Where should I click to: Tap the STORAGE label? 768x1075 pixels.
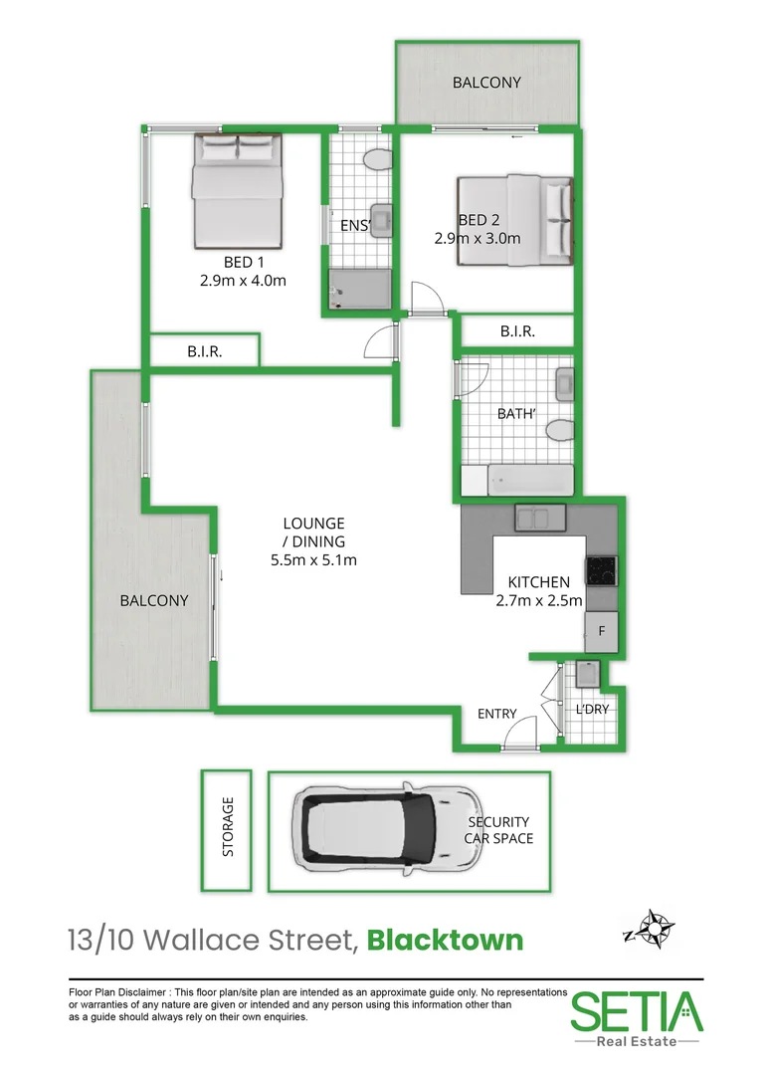228,826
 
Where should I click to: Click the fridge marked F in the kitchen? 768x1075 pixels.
601,631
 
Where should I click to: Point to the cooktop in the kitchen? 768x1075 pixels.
601,570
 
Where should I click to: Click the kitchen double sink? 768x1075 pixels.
540,518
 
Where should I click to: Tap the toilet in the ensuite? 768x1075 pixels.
375,160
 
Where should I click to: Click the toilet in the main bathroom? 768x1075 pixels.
559,430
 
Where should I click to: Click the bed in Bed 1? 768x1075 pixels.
237,191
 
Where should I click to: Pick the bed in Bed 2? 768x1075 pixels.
515,221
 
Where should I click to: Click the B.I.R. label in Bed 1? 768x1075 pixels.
204,351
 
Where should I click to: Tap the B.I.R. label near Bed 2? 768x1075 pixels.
517,331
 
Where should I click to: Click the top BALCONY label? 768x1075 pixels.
486,83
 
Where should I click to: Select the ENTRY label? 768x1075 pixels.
496,714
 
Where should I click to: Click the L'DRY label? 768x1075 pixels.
592,709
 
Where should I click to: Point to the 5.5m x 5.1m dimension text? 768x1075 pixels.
313,559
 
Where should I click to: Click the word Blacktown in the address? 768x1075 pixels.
446,940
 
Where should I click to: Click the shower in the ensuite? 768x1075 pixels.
361,289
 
